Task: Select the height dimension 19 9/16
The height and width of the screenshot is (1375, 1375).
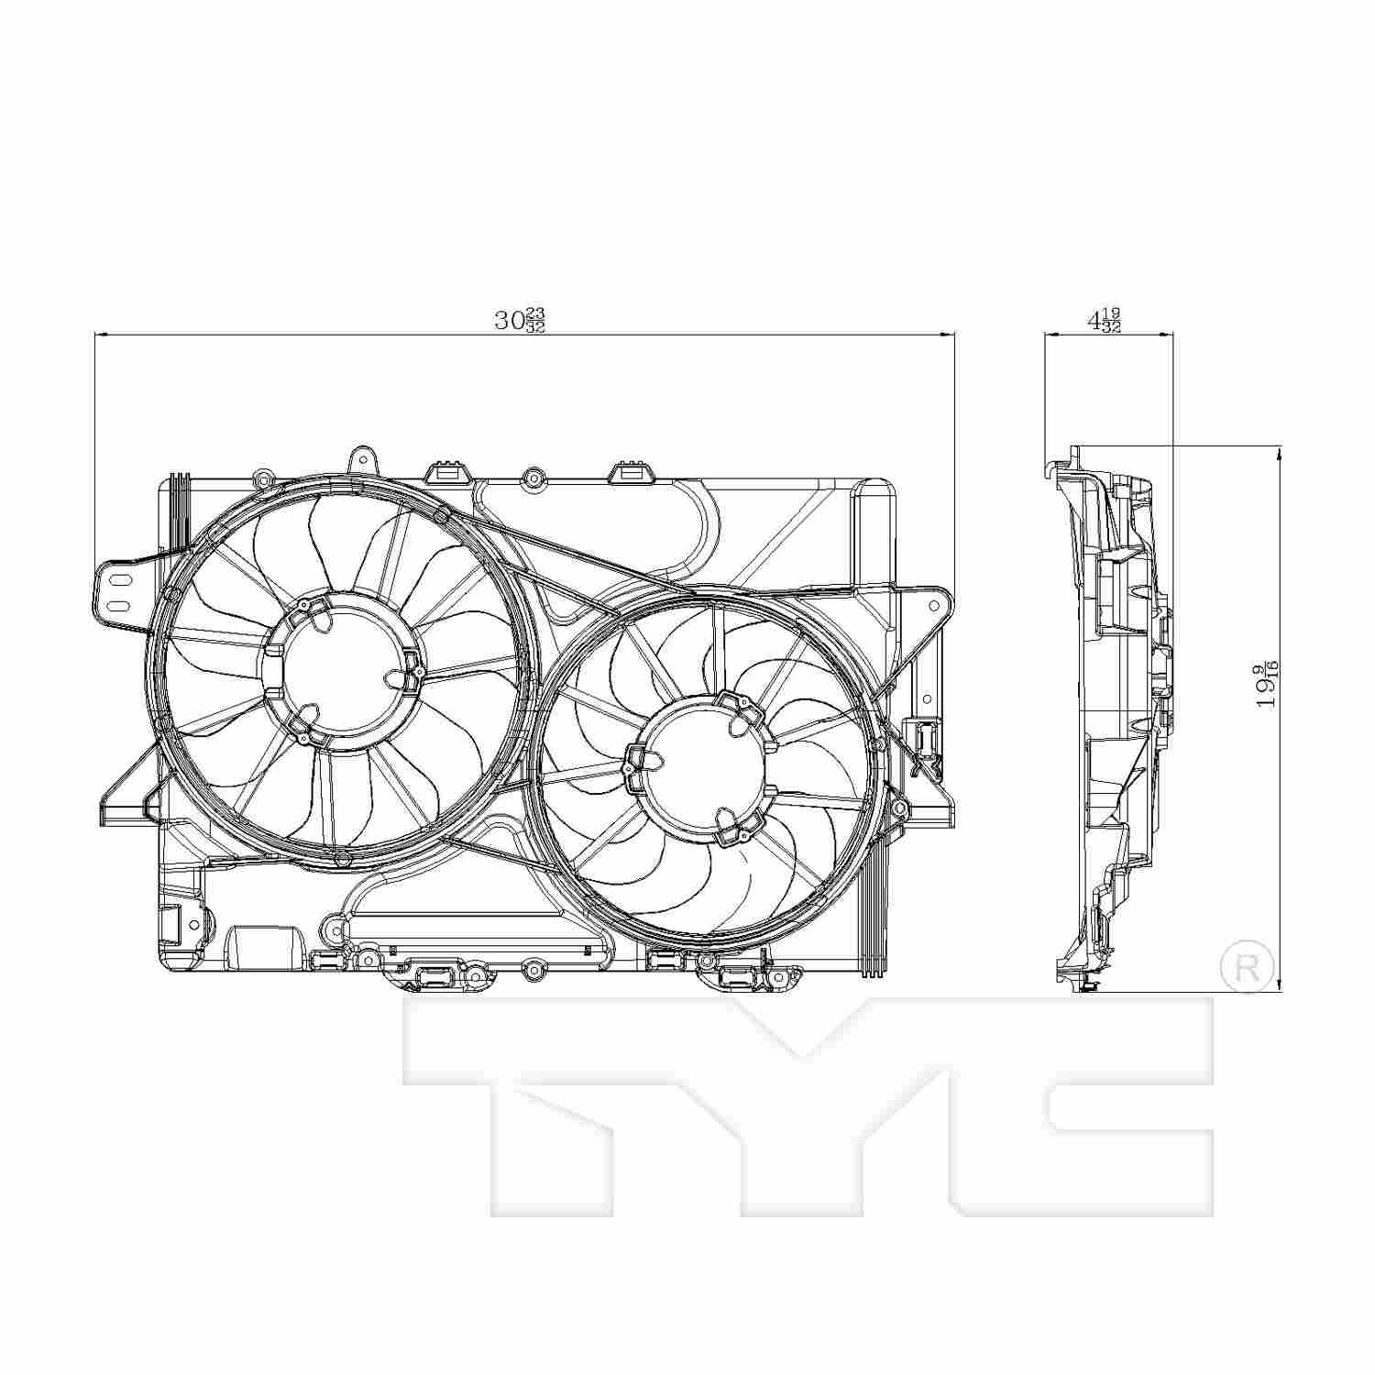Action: click(x=1269, y=684)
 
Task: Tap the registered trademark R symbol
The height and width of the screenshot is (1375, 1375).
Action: click(x=1248, y=965)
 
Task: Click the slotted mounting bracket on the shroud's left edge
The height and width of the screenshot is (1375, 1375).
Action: click(x=118, y=592)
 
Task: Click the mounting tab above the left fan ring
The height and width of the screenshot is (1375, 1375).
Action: click(x=363, y=461)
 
